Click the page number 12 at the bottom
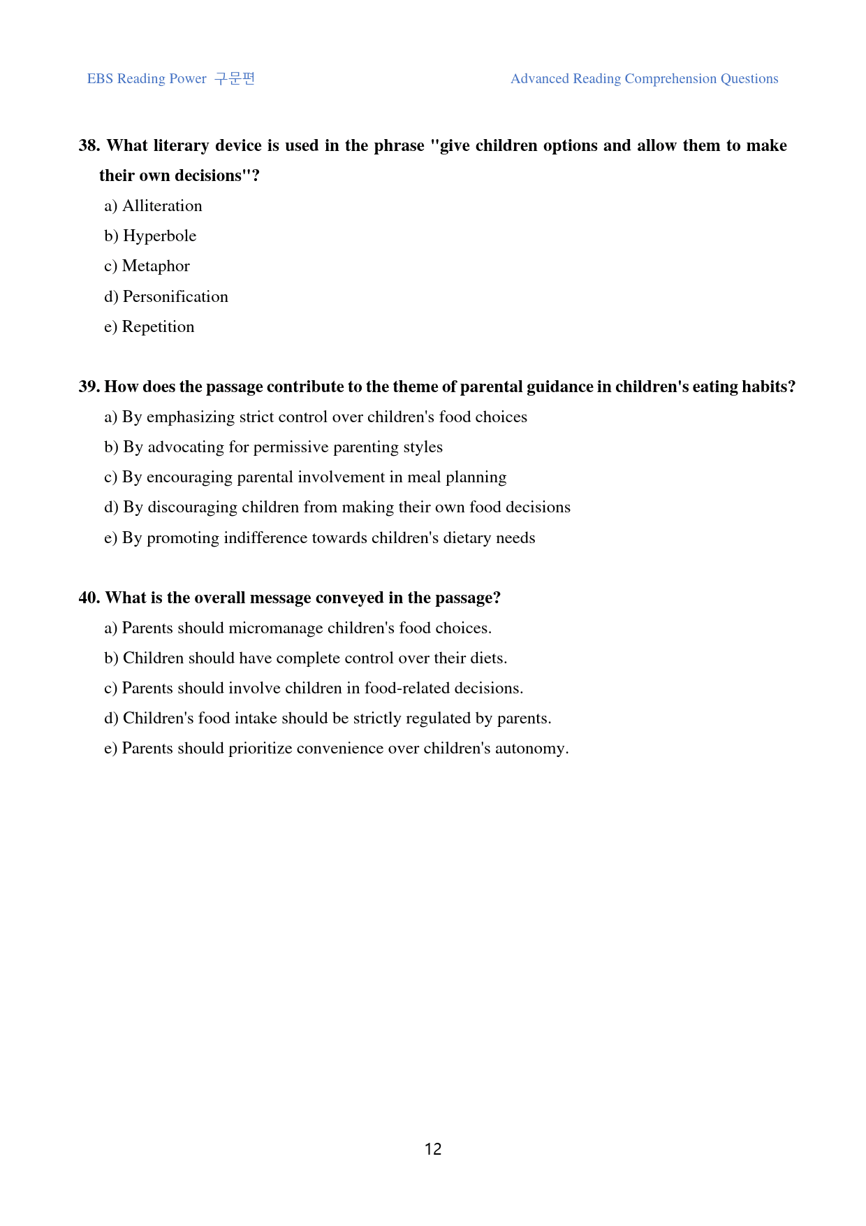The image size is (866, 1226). coord(433,1149)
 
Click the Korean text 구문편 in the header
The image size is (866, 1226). coord(235,78)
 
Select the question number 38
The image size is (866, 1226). coord(89,145)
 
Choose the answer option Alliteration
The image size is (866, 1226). coord(162,205)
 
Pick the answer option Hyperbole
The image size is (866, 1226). coord(159,236)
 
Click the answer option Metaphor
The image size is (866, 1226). coord(156,266)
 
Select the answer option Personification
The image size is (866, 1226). coord(175,296)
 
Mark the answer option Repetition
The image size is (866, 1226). coord(158,326)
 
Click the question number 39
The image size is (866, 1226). coord(89,387)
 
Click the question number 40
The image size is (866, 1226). coord(89,598)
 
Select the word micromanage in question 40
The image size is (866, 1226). coord(275,628)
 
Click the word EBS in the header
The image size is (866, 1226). coord(100,79)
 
